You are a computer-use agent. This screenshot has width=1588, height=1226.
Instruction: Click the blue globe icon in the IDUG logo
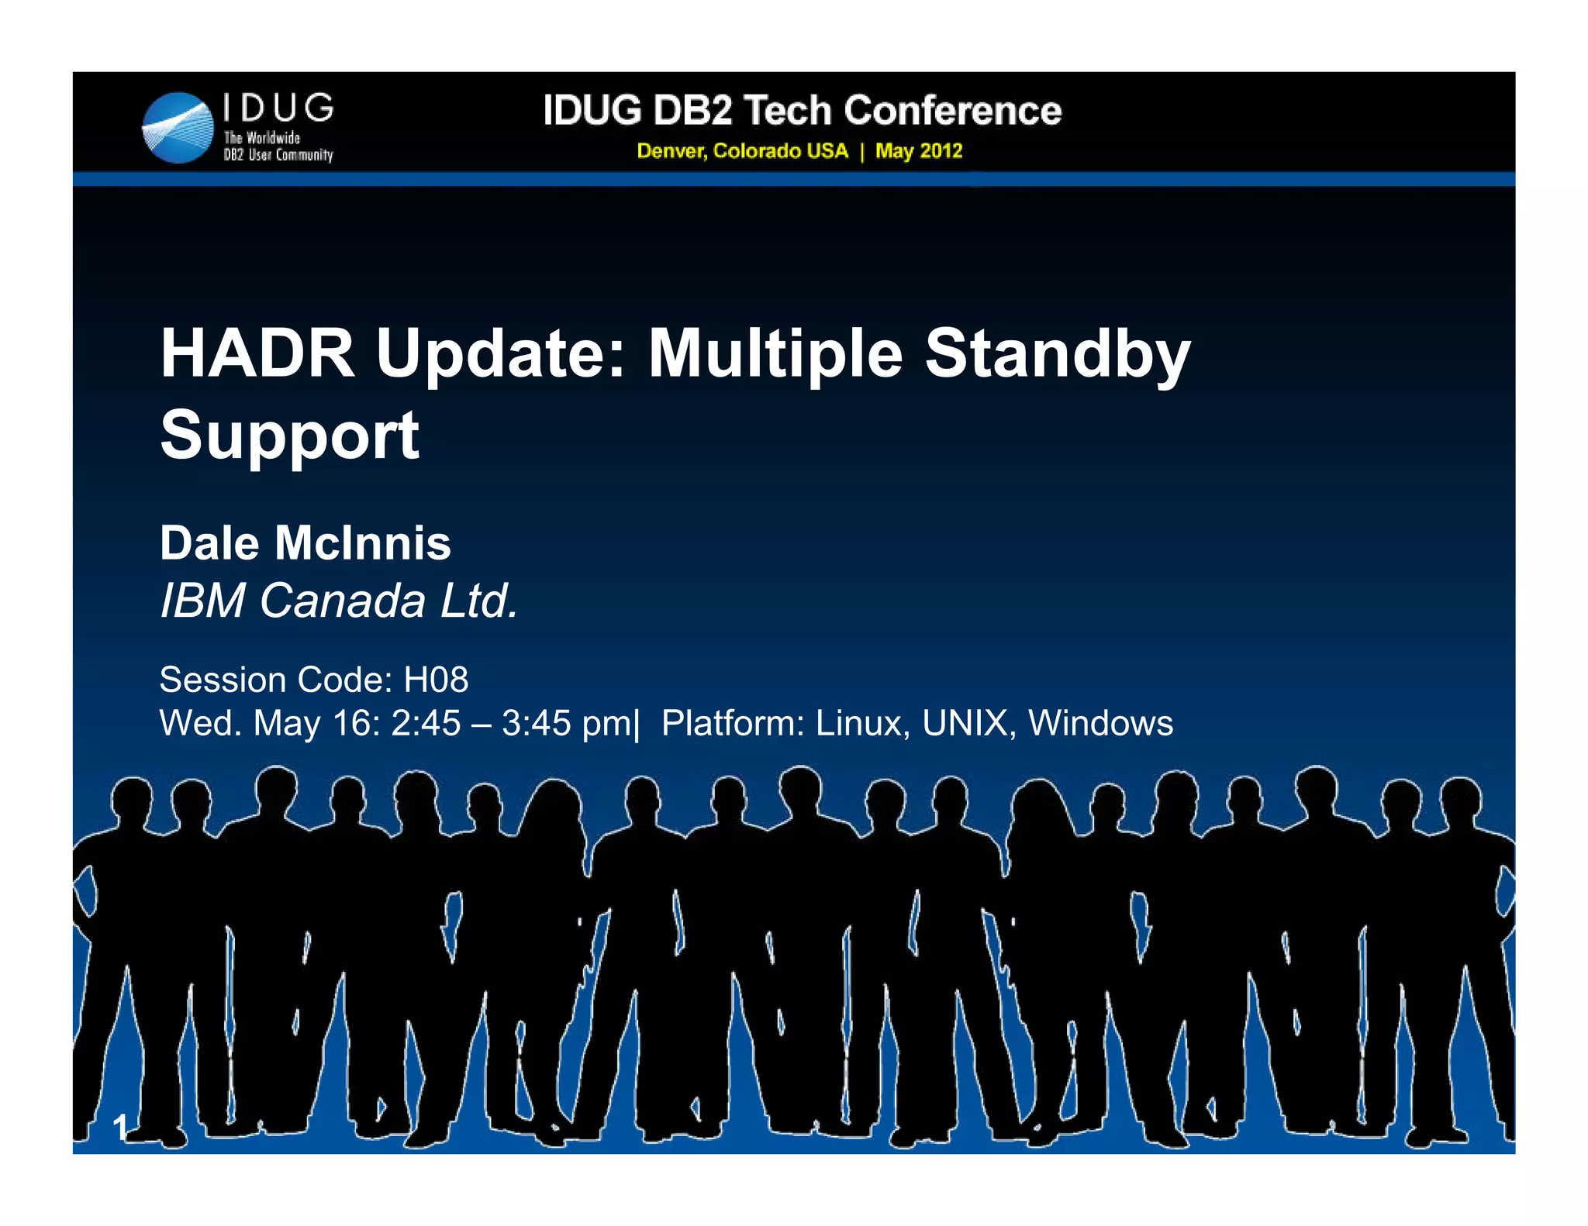(178, 128)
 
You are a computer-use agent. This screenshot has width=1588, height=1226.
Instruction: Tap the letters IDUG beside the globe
(278, 108)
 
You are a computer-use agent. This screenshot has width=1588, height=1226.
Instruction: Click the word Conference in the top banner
(952, 110)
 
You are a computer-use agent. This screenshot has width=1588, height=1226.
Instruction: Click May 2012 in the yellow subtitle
(919, 151)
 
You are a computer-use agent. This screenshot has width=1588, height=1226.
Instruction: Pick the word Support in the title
(289, 436)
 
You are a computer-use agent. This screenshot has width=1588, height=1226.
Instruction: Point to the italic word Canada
(342, 601)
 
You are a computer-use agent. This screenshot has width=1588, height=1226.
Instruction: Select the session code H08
(436, 680)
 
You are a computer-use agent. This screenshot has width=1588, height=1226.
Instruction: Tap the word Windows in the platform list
(1100, 723)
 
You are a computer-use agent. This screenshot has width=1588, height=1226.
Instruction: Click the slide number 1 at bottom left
(120, 1127)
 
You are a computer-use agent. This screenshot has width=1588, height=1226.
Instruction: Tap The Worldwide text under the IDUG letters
(261, 138)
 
